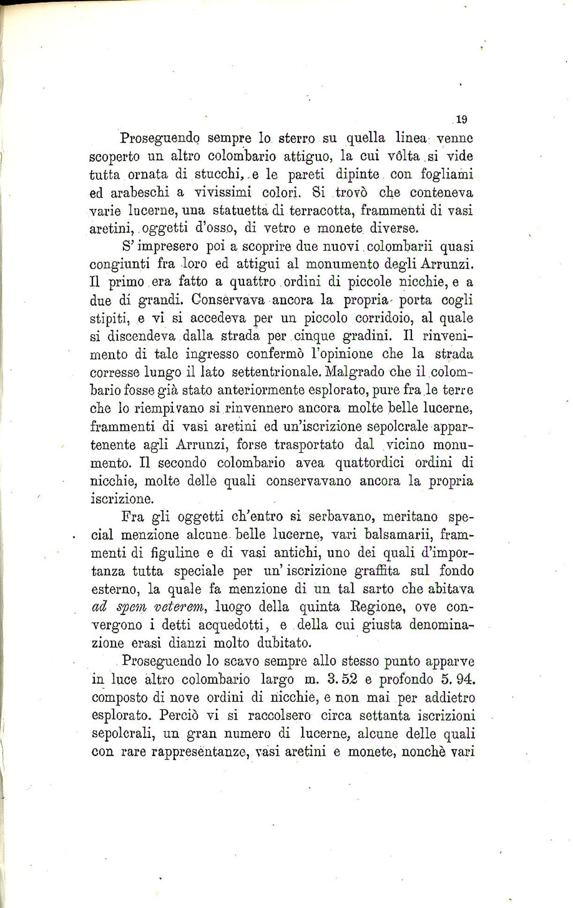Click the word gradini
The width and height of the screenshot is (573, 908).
click(372, 336)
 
